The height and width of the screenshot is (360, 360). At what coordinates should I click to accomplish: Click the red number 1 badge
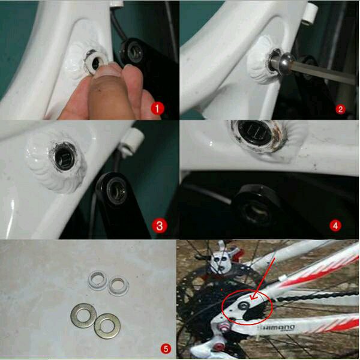tap(158, 109)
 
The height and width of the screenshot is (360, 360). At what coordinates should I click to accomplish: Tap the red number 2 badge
tap(340, 109)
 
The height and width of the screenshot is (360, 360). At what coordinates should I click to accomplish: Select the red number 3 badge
tap(159, 226)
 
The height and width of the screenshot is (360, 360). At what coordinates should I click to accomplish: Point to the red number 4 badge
tap(336, 226)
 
